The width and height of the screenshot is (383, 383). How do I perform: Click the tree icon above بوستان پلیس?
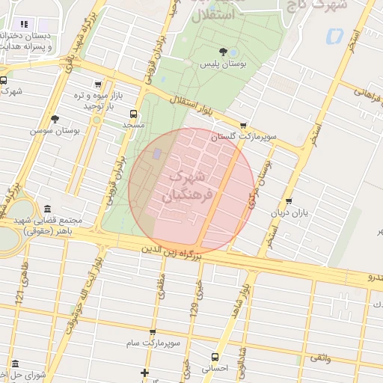223,52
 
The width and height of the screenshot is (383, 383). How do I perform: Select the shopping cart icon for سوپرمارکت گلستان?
242,126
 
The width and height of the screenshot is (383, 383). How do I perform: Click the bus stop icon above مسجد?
133,114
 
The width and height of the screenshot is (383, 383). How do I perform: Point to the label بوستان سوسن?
55,130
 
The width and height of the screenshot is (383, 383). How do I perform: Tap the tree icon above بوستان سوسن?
55,118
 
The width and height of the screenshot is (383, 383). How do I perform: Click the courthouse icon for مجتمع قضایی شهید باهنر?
48,209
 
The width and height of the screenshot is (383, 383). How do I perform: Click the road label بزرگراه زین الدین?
168,254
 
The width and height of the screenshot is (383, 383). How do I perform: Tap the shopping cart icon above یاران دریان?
289,200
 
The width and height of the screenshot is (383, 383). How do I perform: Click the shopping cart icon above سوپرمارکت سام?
153,331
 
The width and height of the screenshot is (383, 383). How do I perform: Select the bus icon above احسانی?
215,357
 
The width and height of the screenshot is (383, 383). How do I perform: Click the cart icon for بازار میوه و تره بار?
97,85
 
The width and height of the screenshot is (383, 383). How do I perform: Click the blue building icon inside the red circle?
156,153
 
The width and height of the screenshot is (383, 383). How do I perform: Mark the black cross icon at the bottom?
144,373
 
